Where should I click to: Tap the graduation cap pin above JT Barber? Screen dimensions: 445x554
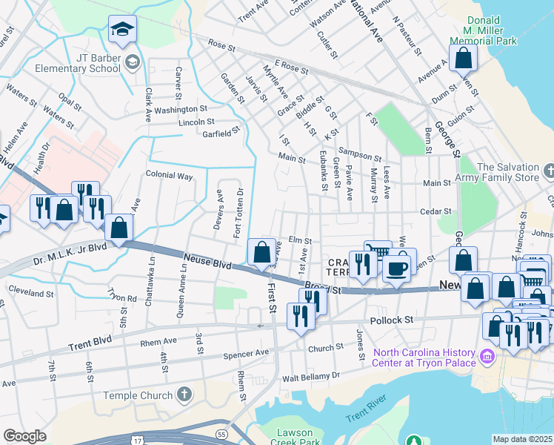pyautogui.click(x=122, y=30)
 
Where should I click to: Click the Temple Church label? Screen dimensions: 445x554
pyautogui.click(x=137, y=395)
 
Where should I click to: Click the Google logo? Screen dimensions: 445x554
pyautogui.click(x=25, y=435)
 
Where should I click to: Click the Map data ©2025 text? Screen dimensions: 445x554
pyautogui.click(x=521, y=439)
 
